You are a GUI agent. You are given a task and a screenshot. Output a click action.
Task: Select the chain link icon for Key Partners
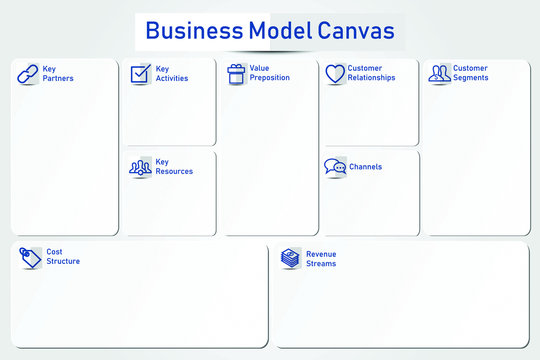tap(28, 74)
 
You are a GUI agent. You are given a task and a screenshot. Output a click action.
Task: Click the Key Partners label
tap(58, 74)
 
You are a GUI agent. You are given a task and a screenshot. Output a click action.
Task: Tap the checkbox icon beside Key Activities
tap(140, 74)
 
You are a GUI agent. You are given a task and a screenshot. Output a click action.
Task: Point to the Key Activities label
tap(171, 74)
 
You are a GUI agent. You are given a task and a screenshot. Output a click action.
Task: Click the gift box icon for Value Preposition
tap(236, 73)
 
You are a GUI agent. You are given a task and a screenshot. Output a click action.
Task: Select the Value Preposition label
tap(270, 73)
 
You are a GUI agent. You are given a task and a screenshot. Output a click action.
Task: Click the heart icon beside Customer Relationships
tap(334, 74)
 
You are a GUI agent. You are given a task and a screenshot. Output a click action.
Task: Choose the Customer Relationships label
tap(371, 73)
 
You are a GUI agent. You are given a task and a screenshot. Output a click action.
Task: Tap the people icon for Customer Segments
tap(439, 73)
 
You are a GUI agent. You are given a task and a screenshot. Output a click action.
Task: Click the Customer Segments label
tap(471, 73)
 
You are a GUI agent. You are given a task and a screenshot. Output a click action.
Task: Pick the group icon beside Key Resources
tap(140, 167)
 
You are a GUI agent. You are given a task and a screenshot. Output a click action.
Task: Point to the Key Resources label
tap(174, 167)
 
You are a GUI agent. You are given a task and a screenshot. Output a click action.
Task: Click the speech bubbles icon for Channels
tap(335, 167)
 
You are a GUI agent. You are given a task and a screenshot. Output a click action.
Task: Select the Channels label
tap(365, 167)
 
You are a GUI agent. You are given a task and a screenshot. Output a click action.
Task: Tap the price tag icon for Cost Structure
tap(30, 258)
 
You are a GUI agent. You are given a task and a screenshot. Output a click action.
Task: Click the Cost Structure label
tap(63, 257)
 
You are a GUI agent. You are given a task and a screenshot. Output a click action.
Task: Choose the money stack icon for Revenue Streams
tap(290, 258)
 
